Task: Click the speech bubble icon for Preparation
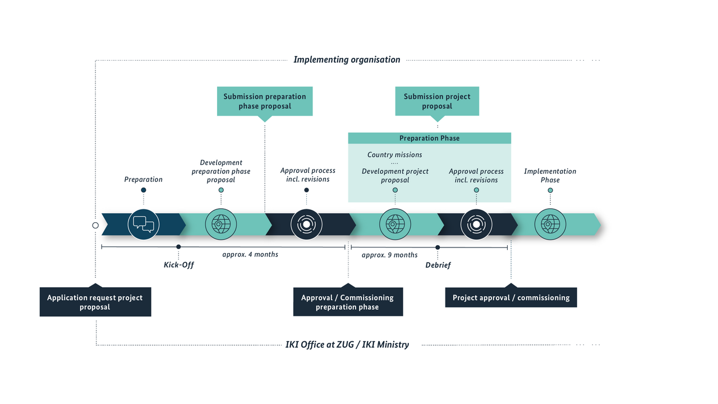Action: [x=144, y=224]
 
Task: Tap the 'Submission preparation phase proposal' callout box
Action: [x=265, y=101]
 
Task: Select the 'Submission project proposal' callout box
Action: [x=437, y=101]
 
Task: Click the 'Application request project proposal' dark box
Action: [x=95, y=302]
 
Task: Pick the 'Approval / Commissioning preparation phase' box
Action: [x=347, y=302]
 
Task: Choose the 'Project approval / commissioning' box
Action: [x=511, y=297]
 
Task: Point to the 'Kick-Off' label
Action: [x=178, y=265]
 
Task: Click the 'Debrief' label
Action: [x=438, y=265]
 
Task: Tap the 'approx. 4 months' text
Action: [x=250, y=254]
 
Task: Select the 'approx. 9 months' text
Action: [x=389, y=255]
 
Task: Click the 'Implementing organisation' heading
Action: [x=347, y=59]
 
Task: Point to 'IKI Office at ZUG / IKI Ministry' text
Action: [x=347, y=345]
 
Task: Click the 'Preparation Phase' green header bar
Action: [x=429, y=138]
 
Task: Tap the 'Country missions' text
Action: [x=394, y=154]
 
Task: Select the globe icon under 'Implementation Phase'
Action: [x=550, y=224]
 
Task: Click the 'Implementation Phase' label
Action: [x=550, y=176]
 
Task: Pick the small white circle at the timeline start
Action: [x=95, y=225]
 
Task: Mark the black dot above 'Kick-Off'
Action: [x=178, y=247]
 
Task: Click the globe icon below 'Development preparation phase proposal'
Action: [x=220, y=224]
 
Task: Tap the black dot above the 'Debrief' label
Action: [x=438, y=247]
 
